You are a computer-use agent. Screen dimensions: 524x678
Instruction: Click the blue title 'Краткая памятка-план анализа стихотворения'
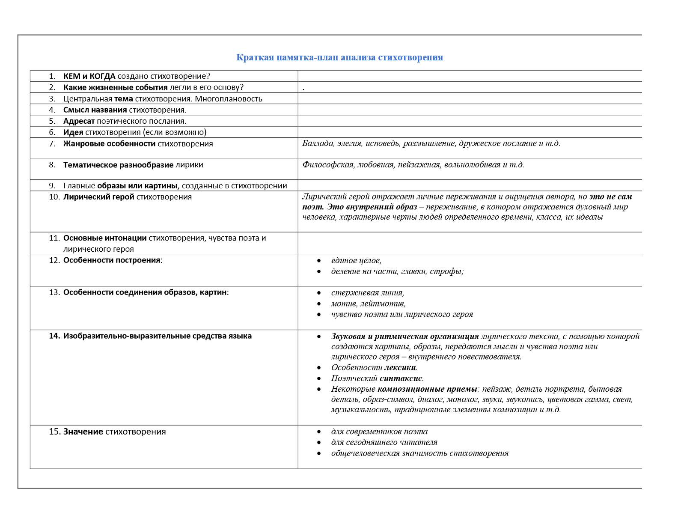click(339, 57)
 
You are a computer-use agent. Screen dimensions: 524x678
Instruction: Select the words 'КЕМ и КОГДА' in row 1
click(89, 76)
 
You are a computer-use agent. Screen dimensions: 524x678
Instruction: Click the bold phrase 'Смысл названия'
click(95, 110)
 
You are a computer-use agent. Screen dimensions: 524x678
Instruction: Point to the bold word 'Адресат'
click(79, 121)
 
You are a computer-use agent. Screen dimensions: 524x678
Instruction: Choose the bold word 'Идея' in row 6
click(73, 132)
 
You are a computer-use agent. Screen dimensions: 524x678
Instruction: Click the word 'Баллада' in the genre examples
click(318, 143)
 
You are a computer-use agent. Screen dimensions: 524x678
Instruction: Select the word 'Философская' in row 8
click(328, 165)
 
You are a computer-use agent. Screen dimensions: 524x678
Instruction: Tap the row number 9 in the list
click(52, 186)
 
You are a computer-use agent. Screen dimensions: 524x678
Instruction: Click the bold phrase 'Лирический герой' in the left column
click(99, 197)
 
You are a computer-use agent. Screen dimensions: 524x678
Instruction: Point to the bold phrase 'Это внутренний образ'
click(372, 207)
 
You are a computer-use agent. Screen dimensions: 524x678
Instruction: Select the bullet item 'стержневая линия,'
click(368, 293)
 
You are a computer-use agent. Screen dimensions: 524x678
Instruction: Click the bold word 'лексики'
click(400, 368)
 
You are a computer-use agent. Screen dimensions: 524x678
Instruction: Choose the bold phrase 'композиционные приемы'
click(427, 389)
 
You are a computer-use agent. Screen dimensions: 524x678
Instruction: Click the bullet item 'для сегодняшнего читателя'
click(384, 442)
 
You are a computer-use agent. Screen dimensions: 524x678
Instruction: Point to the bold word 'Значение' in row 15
click(83, 432)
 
